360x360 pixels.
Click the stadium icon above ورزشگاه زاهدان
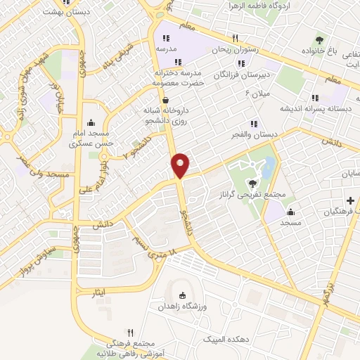(186, 295)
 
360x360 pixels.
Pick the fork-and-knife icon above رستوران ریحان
(236, 39)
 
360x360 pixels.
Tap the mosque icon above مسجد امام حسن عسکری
(91, 123)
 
